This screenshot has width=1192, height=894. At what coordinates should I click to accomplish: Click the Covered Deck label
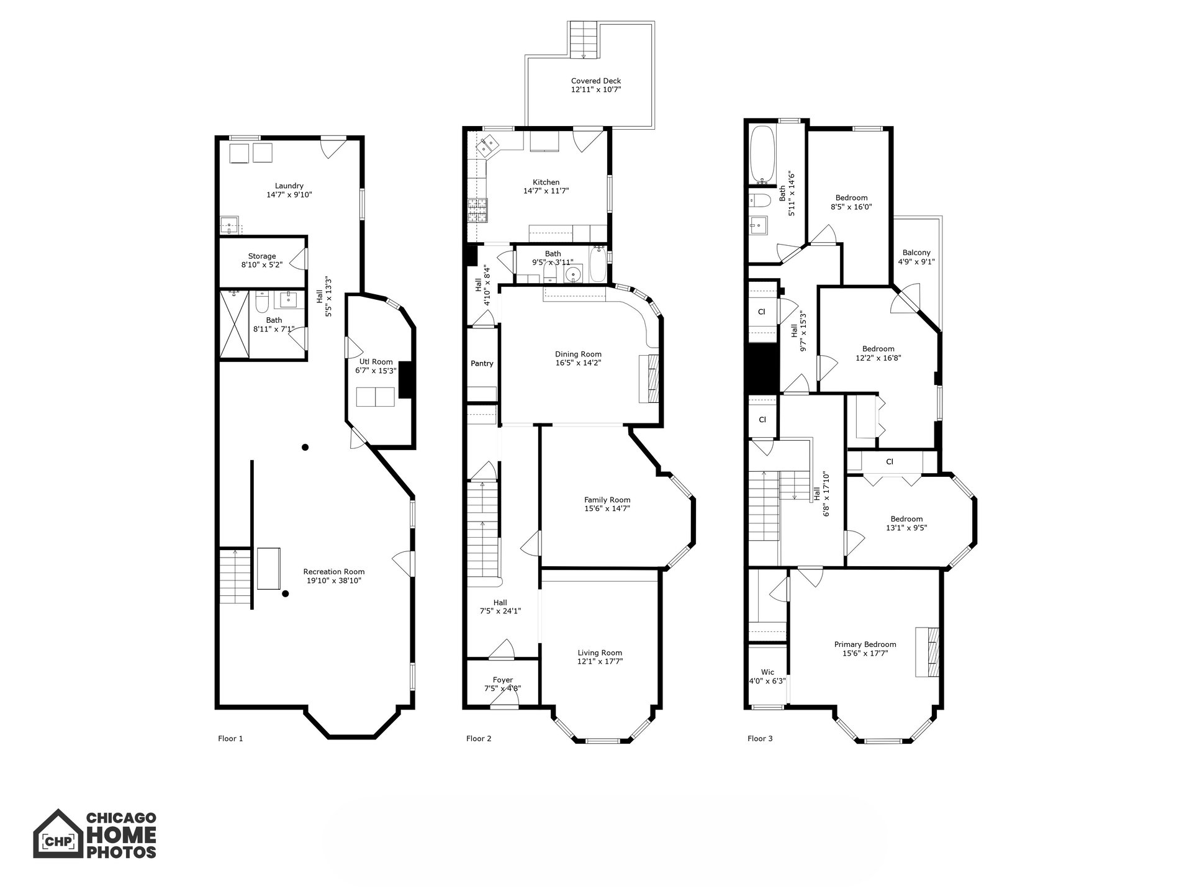click(x=596, y=81)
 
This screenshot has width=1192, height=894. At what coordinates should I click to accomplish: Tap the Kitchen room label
click(x=546, y=183)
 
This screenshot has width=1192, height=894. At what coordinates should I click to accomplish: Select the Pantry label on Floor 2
click(x=482, y=364)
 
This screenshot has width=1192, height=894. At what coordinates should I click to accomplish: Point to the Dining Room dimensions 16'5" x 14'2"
click(x=578, y=363)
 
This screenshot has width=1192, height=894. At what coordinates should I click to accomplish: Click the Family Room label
click(x=607, y=500)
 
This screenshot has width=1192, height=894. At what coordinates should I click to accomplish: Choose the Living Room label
click(x=600, y=652)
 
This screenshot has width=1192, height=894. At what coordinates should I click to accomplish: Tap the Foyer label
click(x=503, y=680)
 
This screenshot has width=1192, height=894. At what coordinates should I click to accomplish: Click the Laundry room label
click(x=289, y=186)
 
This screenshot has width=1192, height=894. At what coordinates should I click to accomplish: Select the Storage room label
click(x=262, y=256)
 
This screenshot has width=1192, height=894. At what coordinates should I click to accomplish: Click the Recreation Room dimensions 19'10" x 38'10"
click(x=334, y=580)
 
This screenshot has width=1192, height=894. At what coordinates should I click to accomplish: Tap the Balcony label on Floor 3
click(x=916, y=253)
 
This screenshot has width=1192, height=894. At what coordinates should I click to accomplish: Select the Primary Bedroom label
click(x=865, y=644)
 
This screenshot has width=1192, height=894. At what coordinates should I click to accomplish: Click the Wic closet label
click(x=768, y=672)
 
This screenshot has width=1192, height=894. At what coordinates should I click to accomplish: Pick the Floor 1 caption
click(x=230, y=739)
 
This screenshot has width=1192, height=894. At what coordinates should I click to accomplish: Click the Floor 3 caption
click(x=760, y=739)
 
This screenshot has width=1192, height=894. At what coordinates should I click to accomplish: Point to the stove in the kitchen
click(x=478, y=210)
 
